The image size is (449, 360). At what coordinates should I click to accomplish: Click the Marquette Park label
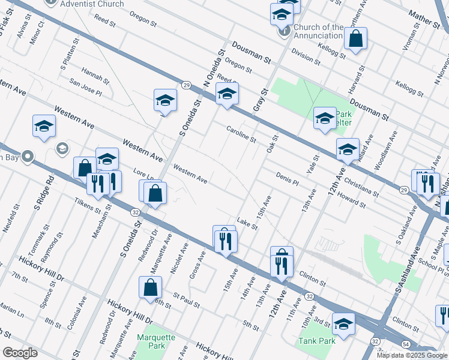pos(155,341)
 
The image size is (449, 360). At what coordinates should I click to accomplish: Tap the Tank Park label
pos(316,341)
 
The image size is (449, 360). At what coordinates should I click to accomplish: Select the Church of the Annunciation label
pos(319,31)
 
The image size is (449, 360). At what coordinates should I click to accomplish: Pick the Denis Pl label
pos(288,178)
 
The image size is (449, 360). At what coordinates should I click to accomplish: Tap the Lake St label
pos(247,223)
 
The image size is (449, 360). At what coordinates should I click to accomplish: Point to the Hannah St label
pos(95,75)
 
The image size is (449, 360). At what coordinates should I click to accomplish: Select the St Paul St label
pos(186,299)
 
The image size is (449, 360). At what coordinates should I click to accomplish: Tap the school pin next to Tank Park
pos(344,324)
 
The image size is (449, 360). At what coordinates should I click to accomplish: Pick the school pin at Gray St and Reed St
pos(227,94)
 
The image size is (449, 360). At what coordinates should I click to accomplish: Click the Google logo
pos(20,353)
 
